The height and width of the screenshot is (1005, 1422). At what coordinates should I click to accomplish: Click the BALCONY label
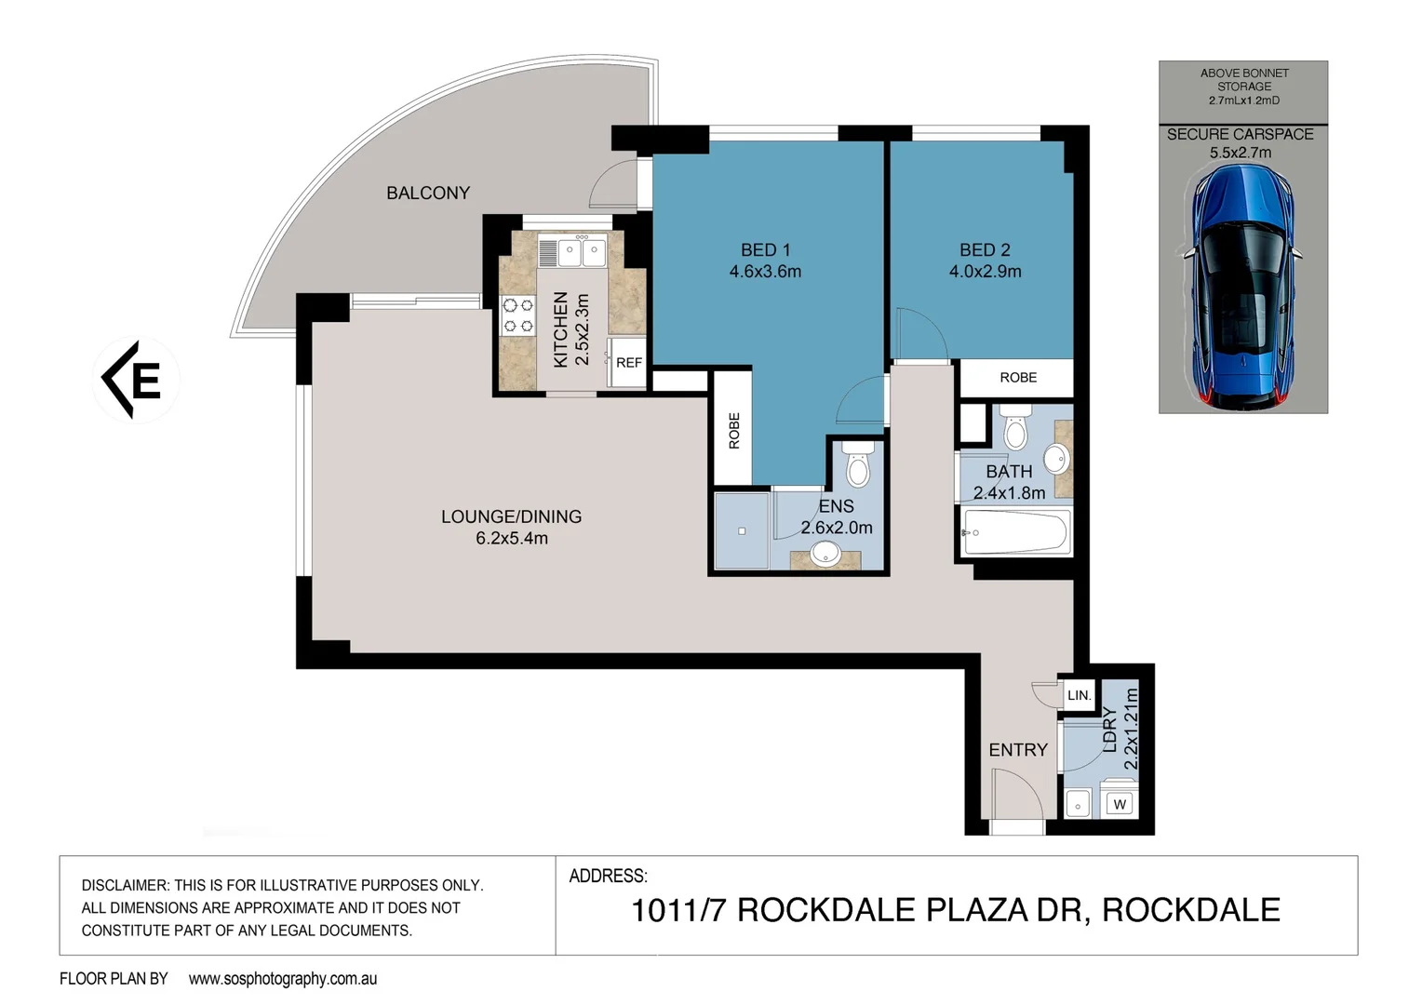tap(428, 193)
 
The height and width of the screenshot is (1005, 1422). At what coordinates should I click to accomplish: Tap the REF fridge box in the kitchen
tap(628, 363)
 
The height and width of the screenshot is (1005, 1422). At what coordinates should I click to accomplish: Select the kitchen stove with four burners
tap(518, 315)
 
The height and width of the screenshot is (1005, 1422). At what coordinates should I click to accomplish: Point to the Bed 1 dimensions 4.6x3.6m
tap(765, 272)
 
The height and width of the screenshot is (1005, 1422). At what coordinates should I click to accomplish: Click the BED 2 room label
tap(985, 249)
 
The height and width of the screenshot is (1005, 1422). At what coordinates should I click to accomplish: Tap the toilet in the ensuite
tap(857, 463)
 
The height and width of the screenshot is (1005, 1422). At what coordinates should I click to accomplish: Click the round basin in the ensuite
tap(825, 554)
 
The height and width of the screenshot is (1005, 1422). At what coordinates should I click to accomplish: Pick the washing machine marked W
tap(1119, 803)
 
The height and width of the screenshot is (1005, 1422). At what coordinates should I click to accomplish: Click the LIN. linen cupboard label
tap(1079, 695)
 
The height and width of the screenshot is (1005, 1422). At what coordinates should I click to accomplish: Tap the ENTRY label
tap(1018, 750)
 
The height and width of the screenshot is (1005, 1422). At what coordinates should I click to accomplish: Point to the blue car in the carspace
tap(1242, 286)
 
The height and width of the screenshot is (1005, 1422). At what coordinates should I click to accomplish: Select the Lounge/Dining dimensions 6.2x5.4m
tap(512, 538)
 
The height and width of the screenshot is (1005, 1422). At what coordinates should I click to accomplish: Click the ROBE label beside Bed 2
tap(1018, 378)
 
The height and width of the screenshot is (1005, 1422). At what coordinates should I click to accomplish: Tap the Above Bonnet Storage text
tap(1244, 86)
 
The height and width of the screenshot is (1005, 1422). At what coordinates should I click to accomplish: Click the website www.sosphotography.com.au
tap(283, 978)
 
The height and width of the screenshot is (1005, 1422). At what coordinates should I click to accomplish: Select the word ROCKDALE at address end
tap(1191, 909)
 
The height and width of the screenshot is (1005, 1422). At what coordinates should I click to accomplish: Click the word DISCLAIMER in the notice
tap(124, 885)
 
